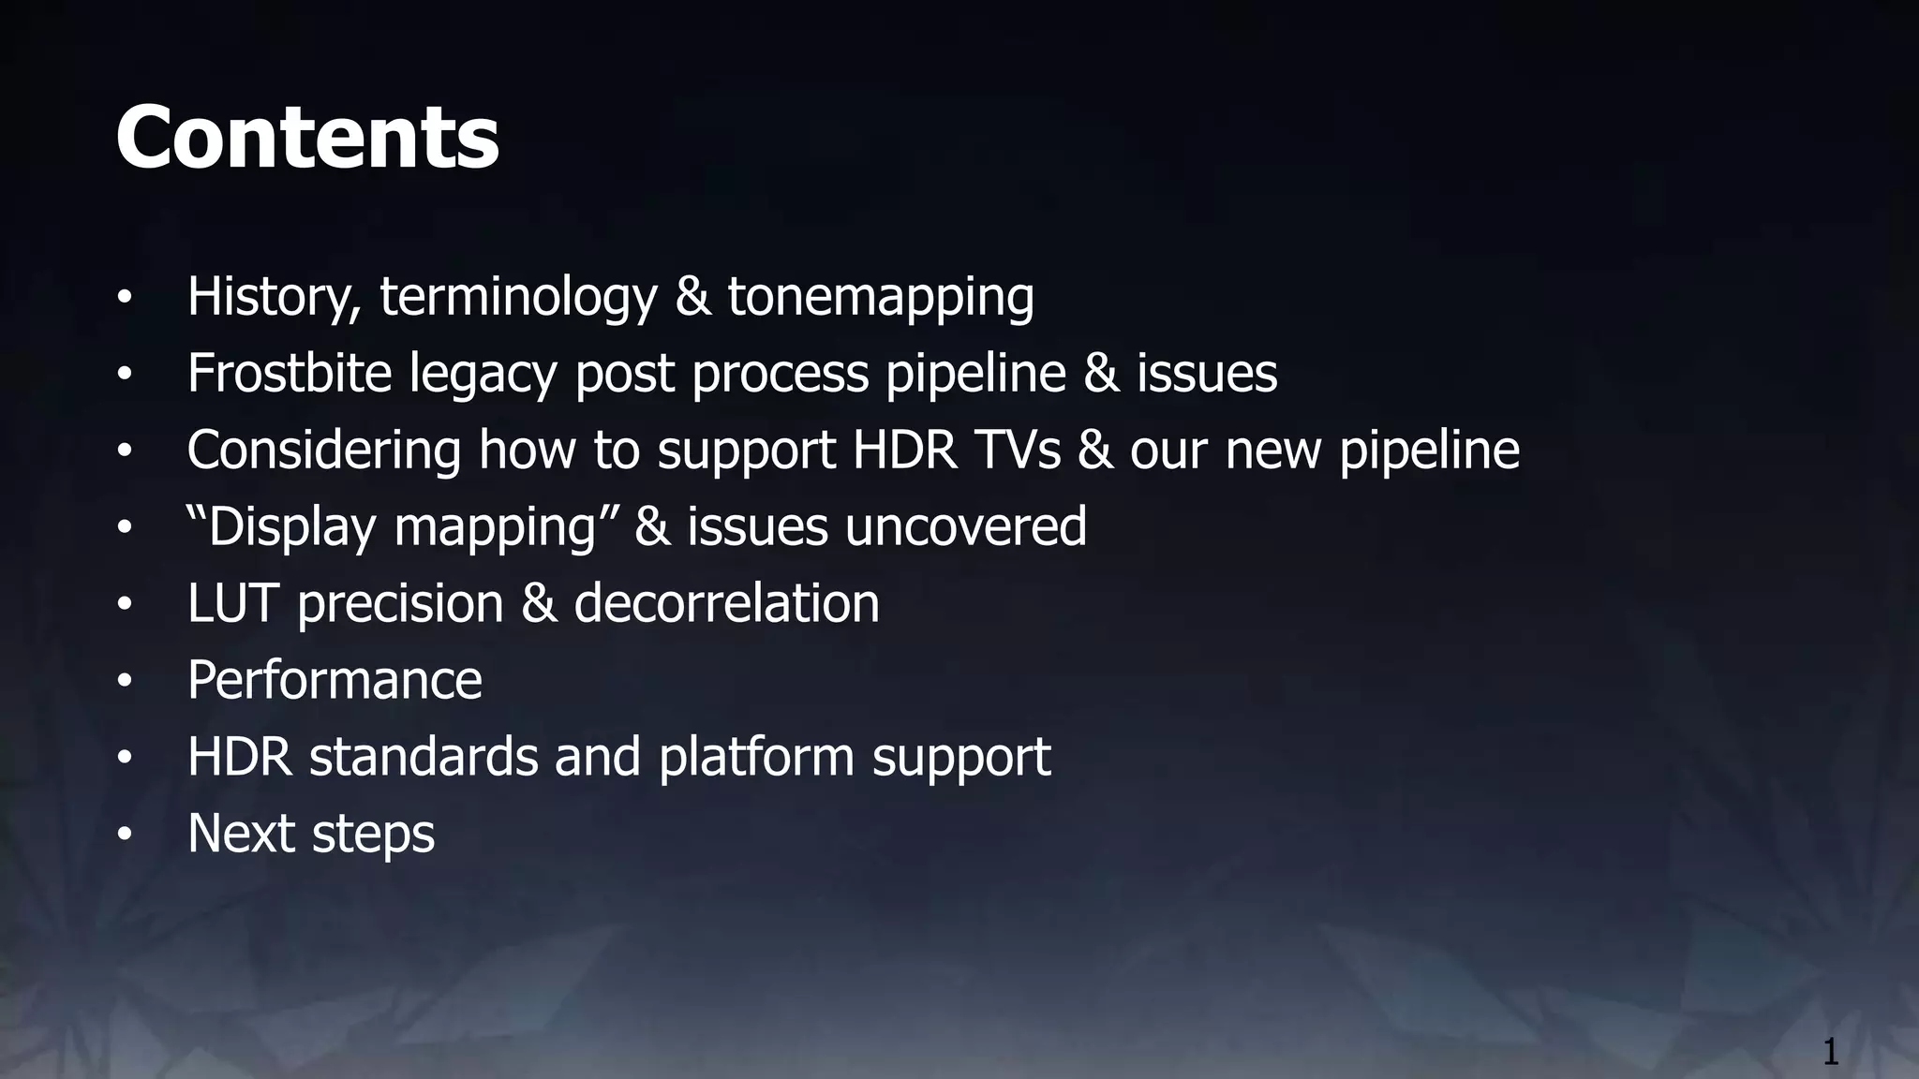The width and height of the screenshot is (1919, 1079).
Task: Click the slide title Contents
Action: click(x=307, y=138)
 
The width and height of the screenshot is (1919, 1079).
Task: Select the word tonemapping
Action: click(x=881, y=297)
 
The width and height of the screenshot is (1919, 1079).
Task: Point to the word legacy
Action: click(x=483, y=375)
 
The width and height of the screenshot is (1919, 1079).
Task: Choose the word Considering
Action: click(x=324, y=451)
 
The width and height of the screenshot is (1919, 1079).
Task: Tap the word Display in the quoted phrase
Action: click(x=291, y=527)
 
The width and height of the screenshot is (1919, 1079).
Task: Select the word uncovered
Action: click(x=966, y=526)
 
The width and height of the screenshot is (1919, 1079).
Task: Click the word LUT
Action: click(x=232, y=603)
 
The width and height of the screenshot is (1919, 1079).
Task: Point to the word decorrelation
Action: click(x=726, y=603)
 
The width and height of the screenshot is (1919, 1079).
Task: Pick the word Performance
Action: click(x=335, y=680)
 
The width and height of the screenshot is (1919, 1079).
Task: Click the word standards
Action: click(x=424, y=757)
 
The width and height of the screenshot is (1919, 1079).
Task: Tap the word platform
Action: click(x=756, y=757)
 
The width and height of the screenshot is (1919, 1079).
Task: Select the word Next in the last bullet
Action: click(x=241, y=834)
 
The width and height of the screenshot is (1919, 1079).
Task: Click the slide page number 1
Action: click(x=1830, y=1052)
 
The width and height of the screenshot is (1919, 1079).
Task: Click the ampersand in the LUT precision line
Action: click(x=539, y=603)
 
